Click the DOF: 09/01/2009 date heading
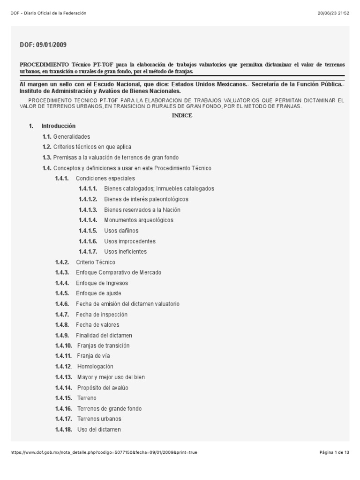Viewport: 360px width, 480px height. pos(43,45)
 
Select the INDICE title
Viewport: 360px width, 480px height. pos(182,116)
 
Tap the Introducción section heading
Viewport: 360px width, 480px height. pos(58,126)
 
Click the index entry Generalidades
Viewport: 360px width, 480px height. pos(71,136)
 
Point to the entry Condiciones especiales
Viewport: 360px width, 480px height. pos(105,178)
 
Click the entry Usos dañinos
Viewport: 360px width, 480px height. pos(121,231)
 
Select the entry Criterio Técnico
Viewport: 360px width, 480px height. pos(96,262)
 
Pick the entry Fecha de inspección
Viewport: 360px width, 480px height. pos(102,315)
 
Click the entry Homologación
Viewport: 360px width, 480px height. pos(95,367)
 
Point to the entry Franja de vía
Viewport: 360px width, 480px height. pos(94,356)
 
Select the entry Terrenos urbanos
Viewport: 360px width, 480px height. pos(99,419)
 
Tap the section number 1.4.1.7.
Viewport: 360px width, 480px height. pos(88,252)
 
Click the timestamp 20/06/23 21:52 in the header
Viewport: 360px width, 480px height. pos(333,13)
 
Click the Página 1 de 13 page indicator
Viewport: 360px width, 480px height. pos(334,452)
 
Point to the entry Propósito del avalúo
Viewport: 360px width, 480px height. pos(103,388)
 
